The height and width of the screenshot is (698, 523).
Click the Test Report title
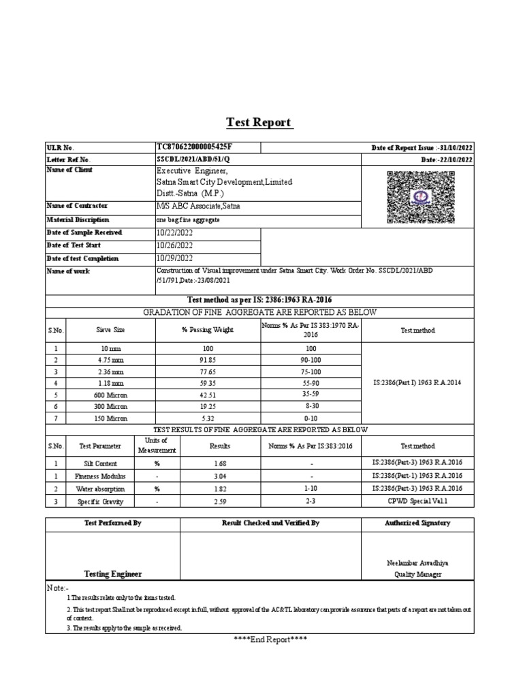259,123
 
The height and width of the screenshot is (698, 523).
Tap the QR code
421,198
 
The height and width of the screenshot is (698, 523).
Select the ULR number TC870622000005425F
198,147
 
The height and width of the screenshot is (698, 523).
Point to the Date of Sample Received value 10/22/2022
176,232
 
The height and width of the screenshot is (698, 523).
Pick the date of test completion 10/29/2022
176,258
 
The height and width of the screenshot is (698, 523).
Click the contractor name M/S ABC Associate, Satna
198,206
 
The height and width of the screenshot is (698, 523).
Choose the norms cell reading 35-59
311,395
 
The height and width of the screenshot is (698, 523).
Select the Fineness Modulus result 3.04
219,476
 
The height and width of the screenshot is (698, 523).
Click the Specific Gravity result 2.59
219,502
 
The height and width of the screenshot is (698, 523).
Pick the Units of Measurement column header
152,446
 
